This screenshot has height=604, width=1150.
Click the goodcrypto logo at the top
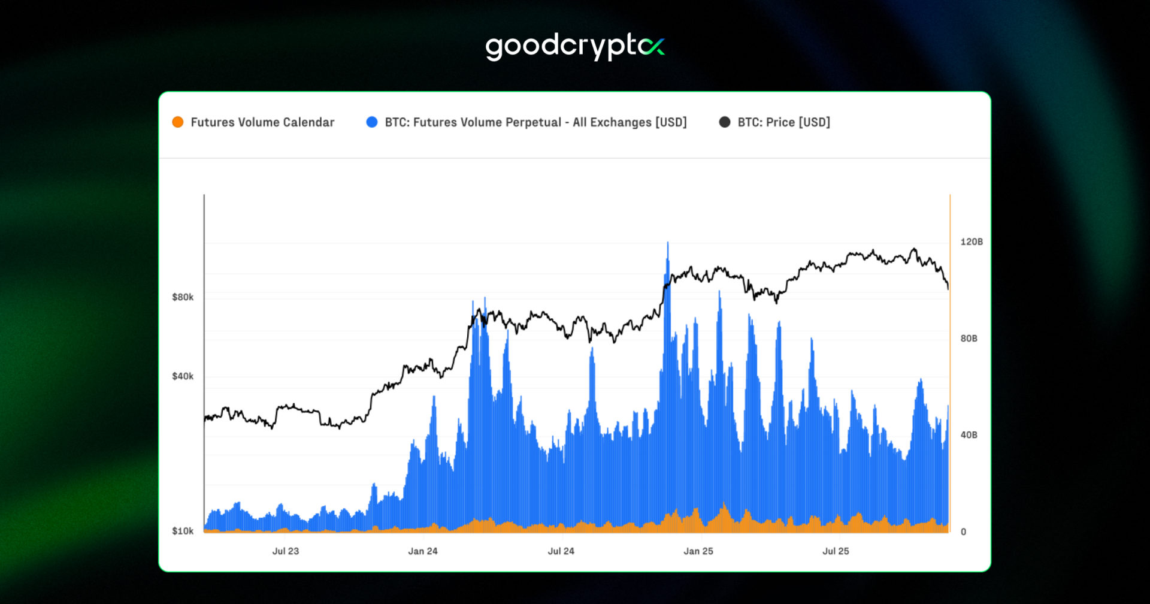pyautogui.click(x=575, y=47)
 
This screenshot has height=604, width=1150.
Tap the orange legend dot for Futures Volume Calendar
pyautogui.click(x=178, y=122)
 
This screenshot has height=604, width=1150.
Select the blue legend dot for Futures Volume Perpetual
pyautogui.click(x=372, y=122)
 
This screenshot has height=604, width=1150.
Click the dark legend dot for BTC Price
pyautogui.click(x=725, y=122)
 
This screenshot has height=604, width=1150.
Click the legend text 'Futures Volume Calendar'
pyautogui.click(x=262, y=122)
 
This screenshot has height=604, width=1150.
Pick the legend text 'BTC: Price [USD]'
pyautogui.click(x=783, y=122)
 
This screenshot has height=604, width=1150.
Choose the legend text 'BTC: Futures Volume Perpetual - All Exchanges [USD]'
pyautogui.click(x=535, y=122)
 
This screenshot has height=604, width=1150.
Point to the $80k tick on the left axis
pyautogui.click(x=183, y=297)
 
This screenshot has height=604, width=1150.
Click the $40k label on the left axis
pyautogui.click(x=183, y=376)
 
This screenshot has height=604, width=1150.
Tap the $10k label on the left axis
pyautogui.click(x=183, y=531)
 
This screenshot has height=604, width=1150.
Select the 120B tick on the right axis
pyautogui.click(x=972, y=242)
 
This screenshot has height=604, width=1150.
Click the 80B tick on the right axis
pyautogui.click(x=969, y=339)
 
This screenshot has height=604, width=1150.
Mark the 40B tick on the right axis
pyautogui.click(x=969, y=435)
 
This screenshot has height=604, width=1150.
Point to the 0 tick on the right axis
pyautogui.click(x=963, y=531)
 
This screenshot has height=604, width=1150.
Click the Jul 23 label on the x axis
pyautogui.click(x=286, y=551)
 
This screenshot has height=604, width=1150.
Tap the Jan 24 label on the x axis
pyautogui.click(x=423, y=551)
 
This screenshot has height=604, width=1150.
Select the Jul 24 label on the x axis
pyautogui.click(x=561, y=551)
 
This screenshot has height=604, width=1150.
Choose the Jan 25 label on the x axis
pyautogui.click(x=698, y=551)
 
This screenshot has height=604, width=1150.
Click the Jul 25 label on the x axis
pyautogui.click(x=836, y=551)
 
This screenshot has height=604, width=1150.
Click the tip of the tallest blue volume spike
pyautogui.click(x=668, y=243)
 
